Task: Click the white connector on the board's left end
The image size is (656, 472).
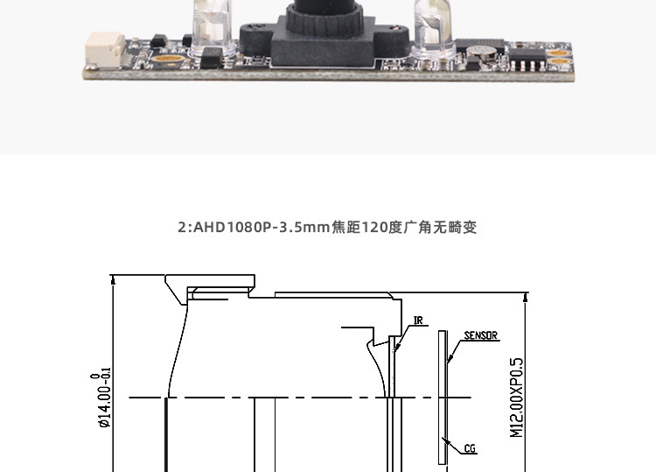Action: tap(105, 49)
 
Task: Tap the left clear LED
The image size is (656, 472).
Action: tap(213, 26)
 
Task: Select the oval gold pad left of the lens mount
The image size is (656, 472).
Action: tap(166, 59)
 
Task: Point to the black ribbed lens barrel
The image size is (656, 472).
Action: tap(325, 17)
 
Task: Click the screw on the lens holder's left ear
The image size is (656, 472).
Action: tap(255, 27)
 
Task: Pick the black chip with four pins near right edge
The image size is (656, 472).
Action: tap(527, 60)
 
